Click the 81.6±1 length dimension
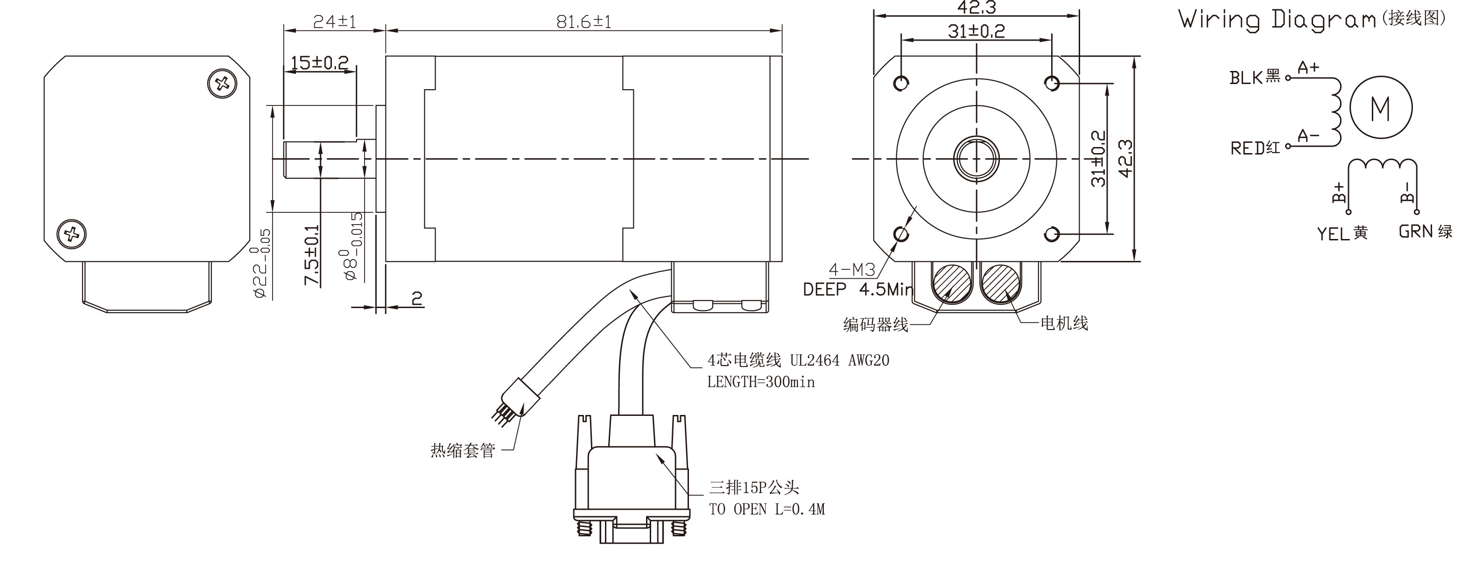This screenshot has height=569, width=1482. (x=583, y=22)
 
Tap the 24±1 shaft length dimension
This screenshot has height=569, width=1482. (x=334, y=22)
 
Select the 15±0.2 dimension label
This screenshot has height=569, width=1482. (x=319, y=63)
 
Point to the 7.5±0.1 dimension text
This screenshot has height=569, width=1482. (x=312, y=255)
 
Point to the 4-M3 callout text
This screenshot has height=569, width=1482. (x=851, y=269)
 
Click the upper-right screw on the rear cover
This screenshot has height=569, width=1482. (x=222, y=84)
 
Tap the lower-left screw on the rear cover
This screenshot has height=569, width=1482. (x=72, y=234)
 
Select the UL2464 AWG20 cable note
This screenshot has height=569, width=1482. (x=839, y=361)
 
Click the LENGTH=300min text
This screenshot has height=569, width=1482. (x=760, y=382)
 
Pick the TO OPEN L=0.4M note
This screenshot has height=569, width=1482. (x=766, y=509)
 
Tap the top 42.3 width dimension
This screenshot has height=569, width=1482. (x=976, y=8)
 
